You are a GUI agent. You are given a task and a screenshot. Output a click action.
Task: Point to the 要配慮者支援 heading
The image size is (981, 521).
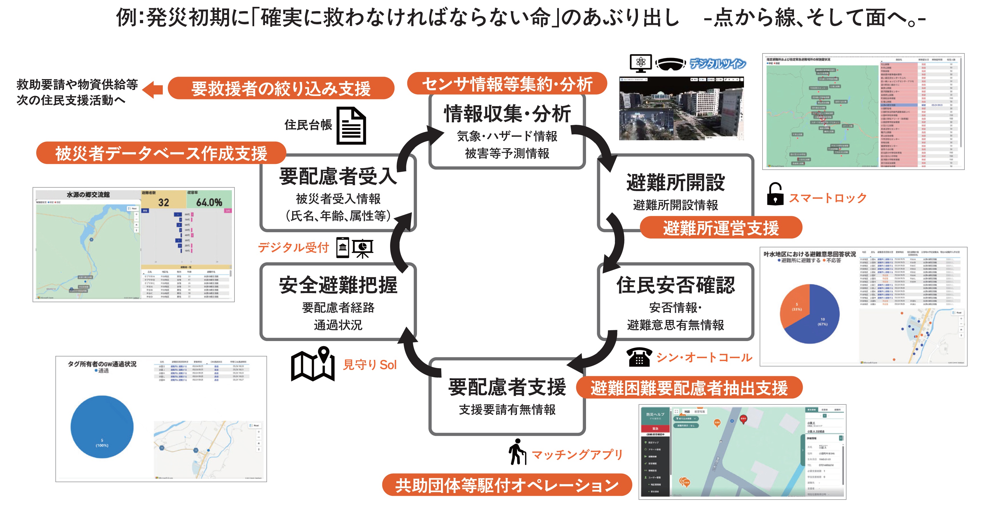coord(507,387)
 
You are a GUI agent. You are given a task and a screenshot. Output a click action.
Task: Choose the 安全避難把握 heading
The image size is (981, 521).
coord(338,285)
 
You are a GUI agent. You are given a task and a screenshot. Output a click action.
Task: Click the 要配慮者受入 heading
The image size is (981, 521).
coord(338,176)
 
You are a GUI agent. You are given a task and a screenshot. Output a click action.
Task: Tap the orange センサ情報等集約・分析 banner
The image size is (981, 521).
coord(507,84)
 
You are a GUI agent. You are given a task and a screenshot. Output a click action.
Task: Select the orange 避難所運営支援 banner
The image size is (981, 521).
coord(721,228)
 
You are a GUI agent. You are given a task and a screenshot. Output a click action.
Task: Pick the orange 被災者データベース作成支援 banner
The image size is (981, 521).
coord(161,153)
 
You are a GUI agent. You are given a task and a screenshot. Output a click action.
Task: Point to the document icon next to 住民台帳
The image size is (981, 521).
coord(351,126)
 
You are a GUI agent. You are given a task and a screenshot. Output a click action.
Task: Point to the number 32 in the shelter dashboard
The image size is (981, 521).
coord(163,202)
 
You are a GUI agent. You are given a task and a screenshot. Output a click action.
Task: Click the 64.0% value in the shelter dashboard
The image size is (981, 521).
coord(209,202)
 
